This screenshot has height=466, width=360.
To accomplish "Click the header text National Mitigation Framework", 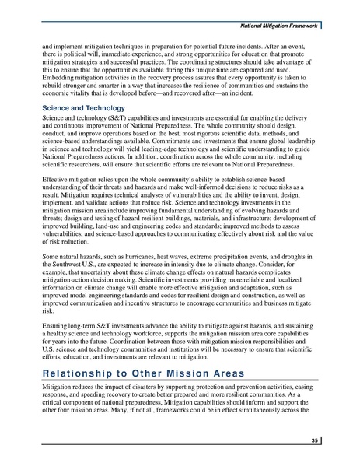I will click(x=300, y=8).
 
